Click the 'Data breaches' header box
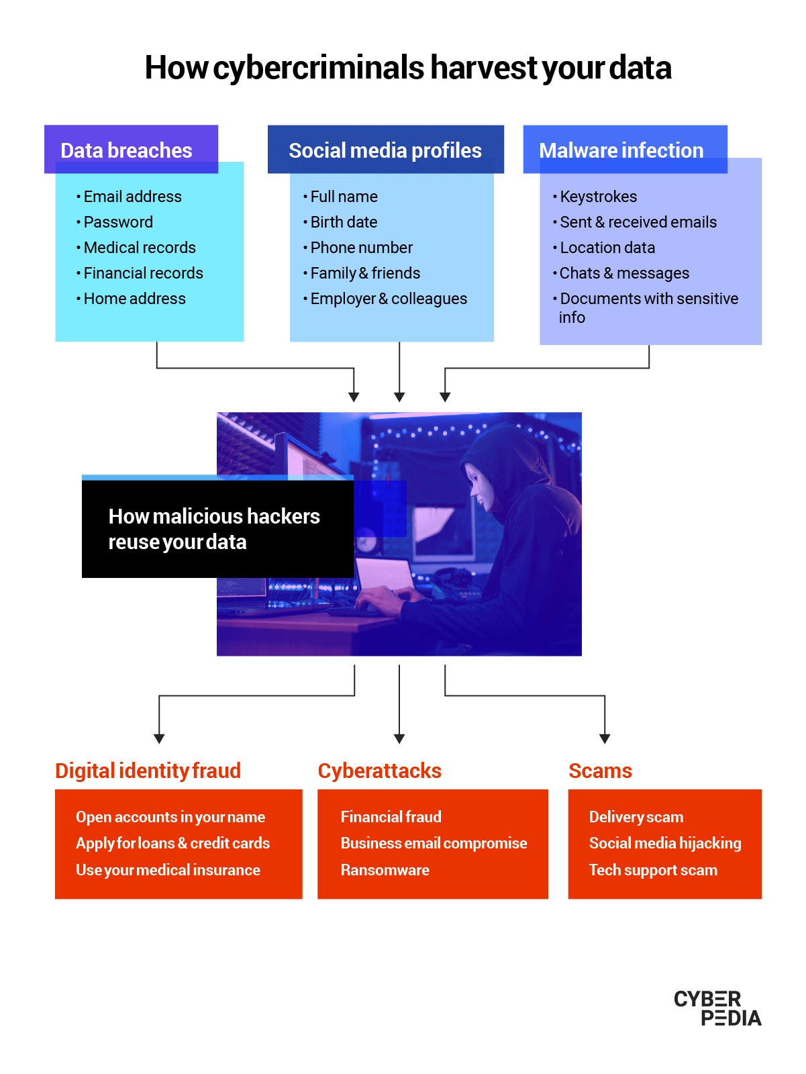tap(131, 150)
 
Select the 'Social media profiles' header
tap(385, 150)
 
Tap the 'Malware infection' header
tap(624, 150)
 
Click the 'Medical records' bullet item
tap(140, 248)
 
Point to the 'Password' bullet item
tap(118, 222)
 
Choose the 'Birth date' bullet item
tap(344, 222)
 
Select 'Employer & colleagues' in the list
tap(389, 299)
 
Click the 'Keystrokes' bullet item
tap(598, 197)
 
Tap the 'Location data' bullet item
tap(607, 248)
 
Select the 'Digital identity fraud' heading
tap(148, 771)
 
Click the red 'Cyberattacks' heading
tap(379, 771)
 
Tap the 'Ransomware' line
tap(385, 870)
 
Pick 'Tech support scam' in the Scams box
tap(652, 870)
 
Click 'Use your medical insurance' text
tap(168, 870)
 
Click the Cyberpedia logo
tap(717, 1008)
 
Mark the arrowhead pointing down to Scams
tap(605, 738)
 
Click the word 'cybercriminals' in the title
tap(319, 68)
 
